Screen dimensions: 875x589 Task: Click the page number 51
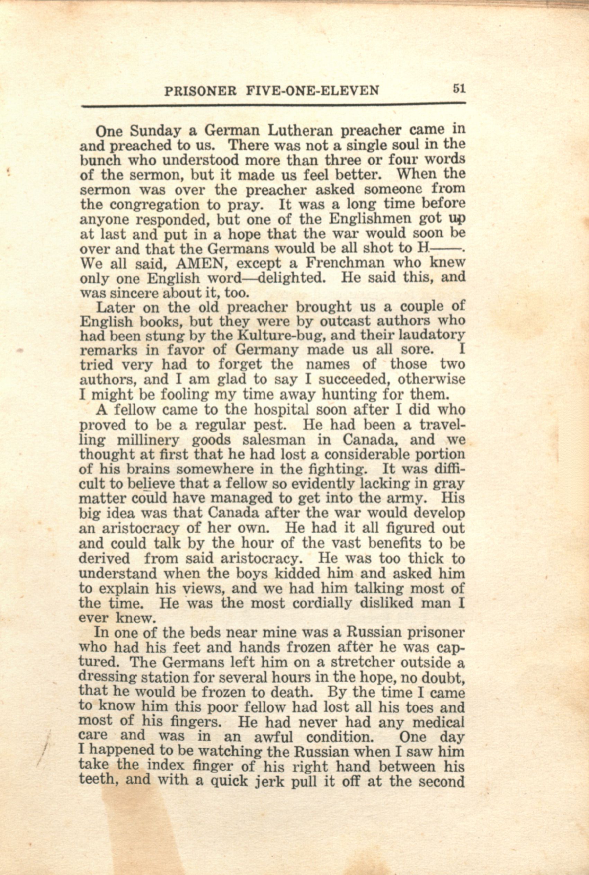tap(459, 89)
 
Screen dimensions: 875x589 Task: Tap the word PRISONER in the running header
tap(200, 91)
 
